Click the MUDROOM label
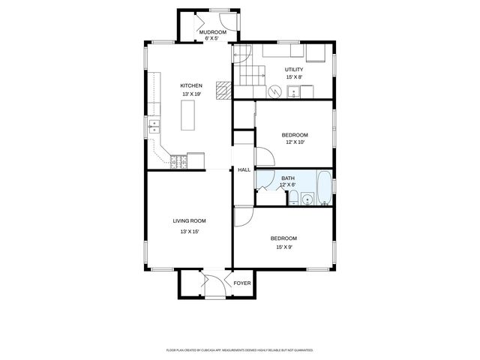tap(212, 32)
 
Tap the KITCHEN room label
tap(191, 85)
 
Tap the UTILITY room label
tap(294, 69)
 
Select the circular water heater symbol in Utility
tap(275, 91)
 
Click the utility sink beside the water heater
tap(294, 91)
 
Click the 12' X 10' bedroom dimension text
tap(295, 142)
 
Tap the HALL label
tap(244, 170)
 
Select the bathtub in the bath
tap(324, 189)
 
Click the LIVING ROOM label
tap(189, 220)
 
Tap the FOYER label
tap(242, 283)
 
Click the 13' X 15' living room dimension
tap(189, 232)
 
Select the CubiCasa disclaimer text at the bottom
tap(239, 349)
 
